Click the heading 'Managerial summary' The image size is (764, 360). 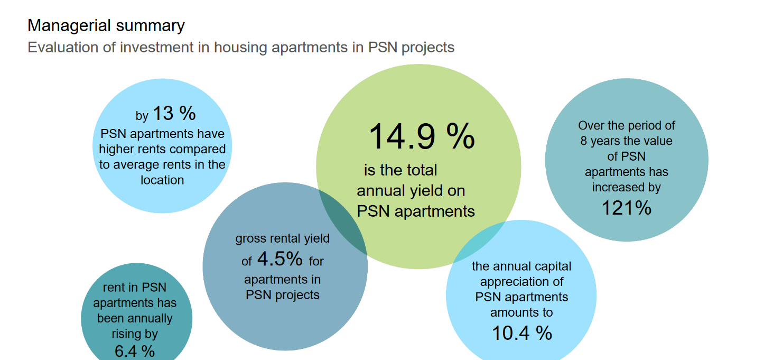[x=106, y=25]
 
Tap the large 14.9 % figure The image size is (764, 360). [x=421, y=136]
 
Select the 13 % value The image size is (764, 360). [x=174, y=113]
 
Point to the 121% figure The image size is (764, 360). [x=627, y=208]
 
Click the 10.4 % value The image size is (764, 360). [x=521, y=333]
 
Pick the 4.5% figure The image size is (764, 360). [x=279, y=259]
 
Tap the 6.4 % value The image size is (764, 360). [x=134, y=351]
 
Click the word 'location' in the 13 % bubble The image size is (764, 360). [x=162, y=180]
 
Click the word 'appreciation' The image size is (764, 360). [x=521, y=282]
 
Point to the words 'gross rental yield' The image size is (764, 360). [x=282, y=239]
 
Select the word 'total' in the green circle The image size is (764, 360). [x=422, y=170]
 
